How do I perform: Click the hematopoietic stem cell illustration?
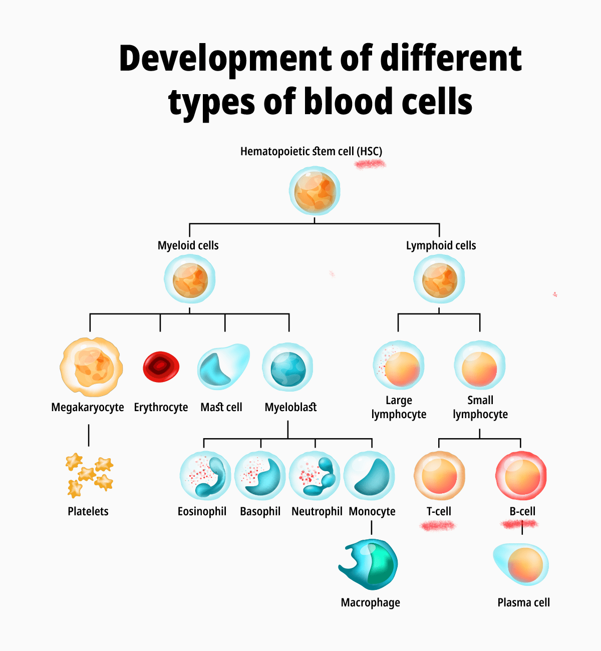(315, 191)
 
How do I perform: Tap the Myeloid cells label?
(188, 245)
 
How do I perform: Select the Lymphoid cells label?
(441, 245)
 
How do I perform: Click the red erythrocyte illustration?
(161, 367)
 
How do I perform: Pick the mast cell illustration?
(222, 367)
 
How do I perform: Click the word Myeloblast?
(290, 407)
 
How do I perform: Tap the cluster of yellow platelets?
(89, 474)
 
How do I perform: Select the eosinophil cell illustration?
(205, 476)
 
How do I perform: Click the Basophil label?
(260, 511)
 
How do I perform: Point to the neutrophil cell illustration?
(315, 476)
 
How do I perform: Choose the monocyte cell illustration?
(370, 476)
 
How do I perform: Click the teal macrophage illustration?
(369, 564)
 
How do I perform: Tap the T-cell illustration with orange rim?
(439, 476)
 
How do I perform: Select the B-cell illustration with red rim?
(521, 476)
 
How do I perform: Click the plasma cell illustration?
(521, 564)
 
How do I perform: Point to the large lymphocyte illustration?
(399, 367)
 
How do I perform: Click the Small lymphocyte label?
(480, 407)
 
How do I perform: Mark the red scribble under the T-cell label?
(438, 525)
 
